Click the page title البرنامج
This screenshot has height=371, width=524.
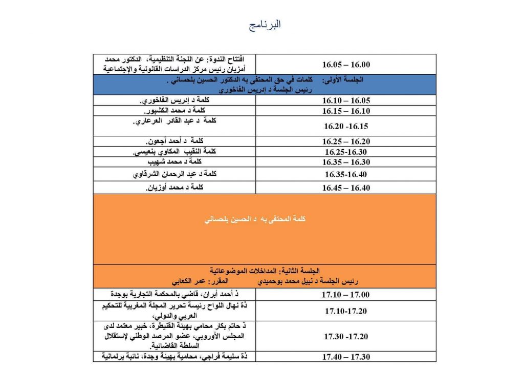[x=265, y=25]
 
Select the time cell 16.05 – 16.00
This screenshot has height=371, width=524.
[x=346, y=65]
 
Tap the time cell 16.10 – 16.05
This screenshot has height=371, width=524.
[x=346, y=100]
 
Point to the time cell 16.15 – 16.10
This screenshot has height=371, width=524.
[x=346, y=111]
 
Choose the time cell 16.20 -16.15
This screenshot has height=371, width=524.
[x=346, y=126]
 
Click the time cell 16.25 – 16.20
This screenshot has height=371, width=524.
[x=346, y=141]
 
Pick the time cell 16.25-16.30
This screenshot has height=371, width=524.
[x=346, y=152]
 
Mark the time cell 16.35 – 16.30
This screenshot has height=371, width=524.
[x=346, y=162]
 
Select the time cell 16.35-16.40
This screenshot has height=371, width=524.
[x=346, y=174]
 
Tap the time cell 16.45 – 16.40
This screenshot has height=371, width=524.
[x=346, y=188]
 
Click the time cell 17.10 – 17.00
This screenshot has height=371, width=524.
[x=346, y=295]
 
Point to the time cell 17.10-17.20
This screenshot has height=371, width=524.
[x=346, y=311]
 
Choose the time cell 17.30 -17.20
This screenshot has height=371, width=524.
[x=346, y=337]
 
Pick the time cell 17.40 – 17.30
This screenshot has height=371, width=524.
[x=346, y=357]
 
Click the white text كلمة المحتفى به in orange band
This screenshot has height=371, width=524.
[x=254, y=219]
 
